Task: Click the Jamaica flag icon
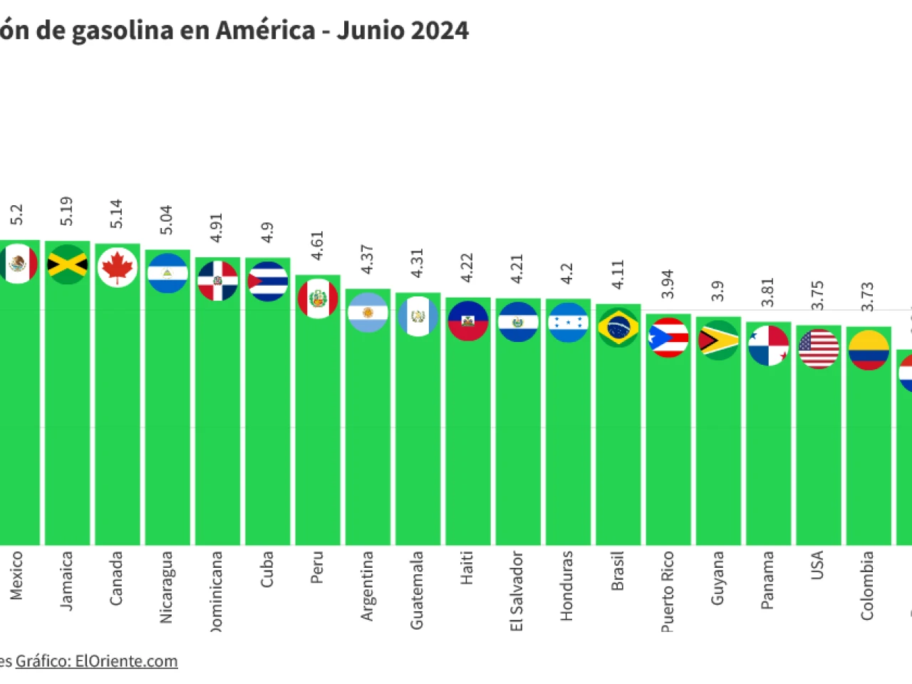(x=67, y=264)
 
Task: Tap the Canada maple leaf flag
(x=118, y=267)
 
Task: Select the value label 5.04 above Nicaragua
(x=166, y=220)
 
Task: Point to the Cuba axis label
(x=266, y=569)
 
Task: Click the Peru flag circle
(x=318, y=299)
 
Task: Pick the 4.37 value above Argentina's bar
(x=367, y=259)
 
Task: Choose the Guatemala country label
(x=417, y=590)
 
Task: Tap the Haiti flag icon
(x=468, y=321)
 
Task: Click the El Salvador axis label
(x=517, y=591)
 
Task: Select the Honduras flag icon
(x=568, y=323)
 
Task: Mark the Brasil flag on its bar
(x=618, y=328)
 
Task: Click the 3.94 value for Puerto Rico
(x=668, y=284)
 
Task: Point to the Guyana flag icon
(x=718, y=340)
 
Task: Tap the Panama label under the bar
(x=767, y=580)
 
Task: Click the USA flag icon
(x=819, y=348)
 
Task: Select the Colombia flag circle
(x=869, y=350)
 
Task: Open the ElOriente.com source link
(x=126, y=661)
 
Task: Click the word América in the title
(x=265, y=31)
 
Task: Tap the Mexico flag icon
(x=18, y=264)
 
